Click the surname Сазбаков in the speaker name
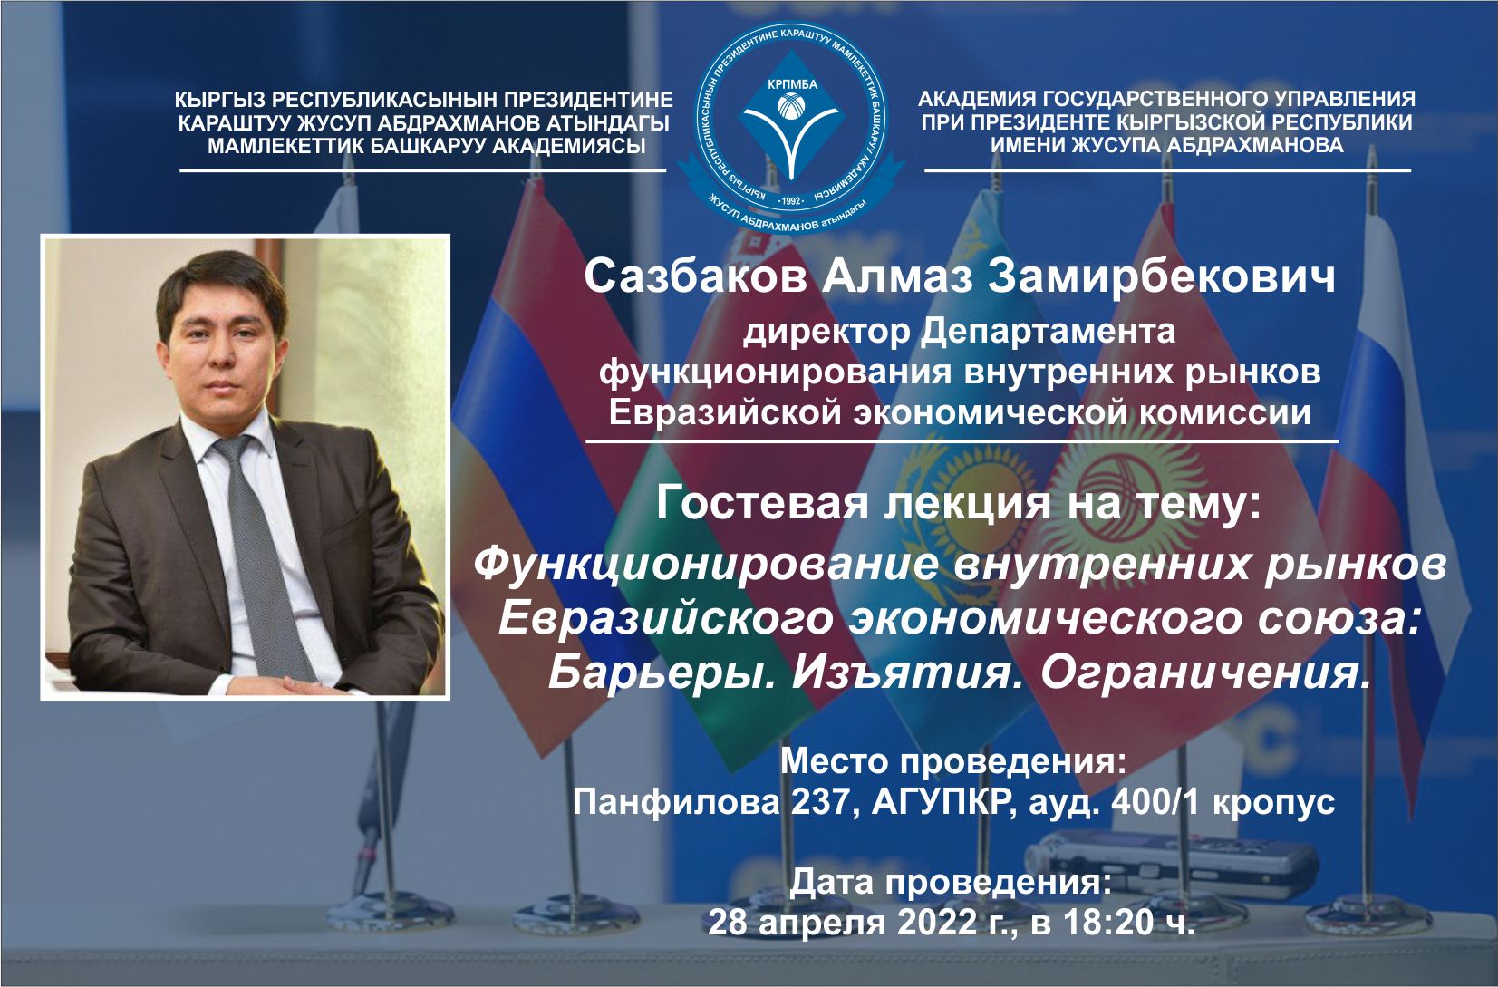click(x=695, y=276)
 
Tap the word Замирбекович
click(x=1162, y=276)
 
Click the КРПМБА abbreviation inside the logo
click(x=793, y=85)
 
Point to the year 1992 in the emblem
click(x=792, y=200)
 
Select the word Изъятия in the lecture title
click(x=901, y=673)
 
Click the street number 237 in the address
click(x=824, y=802)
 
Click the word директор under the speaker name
click(x=826, y=332)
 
